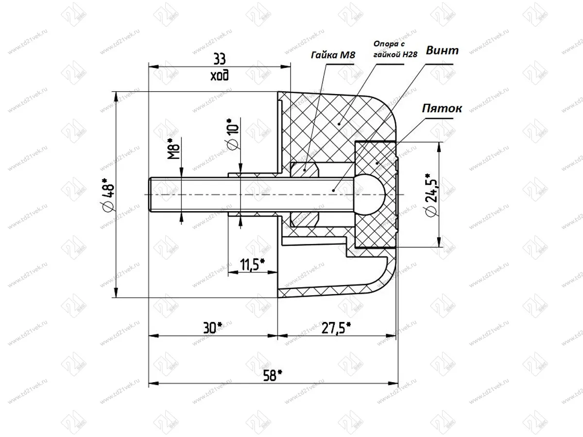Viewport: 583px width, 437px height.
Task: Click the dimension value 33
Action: (219, 59)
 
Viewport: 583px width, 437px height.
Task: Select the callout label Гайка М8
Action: (333, 55)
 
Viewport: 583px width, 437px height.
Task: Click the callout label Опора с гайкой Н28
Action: (395, 49)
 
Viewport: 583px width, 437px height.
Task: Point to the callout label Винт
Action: (442, 51)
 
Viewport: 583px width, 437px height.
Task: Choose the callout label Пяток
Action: (441, 108)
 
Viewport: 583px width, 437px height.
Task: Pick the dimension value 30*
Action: (212, 328)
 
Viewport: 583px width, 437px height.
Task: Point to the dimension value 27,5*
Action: (336, 328)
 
